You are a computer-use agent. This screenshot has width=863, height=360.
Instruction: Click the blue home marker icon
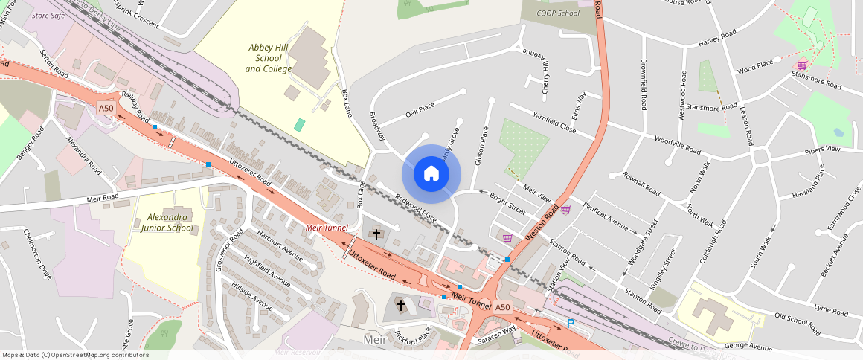[431, 174]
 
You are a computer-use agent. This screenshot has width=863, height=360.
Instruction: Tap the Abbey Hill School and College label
[269, 58]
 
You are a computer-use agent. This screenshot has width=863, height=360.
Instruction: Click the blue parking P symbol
[571, 324]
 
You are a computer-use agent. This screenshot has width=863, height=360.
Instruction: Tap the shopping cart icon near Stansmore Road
[802, 65]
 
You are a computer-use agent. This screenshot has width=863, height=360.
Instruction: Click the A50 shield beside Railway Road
[106, 109]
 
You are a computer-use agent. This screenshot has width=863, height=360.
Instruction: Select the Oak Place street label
[420, 111]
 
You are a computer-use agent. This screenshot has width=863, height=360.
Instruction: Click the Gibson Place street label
[483, 145]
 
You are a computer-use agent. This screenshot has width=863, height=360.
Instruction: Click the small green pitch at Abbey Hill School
[299, 125]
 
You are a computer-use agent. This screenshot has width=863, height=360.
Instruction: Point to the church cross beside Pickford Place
[401, 306]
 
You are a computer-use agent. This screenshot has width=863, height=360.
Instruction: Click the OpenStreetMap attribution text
[76, 355]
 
